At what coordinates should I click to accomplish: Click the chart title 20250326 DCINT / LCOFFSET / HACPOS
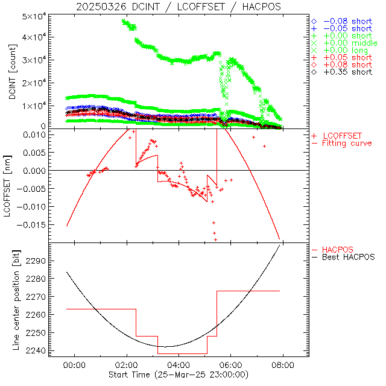pyautogui.click(x=179, y=7)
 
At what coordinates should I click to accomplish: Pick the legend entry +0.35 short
pyautogui.click(x=347, y=72)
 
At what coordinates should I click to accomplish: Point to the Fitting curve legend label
pyautogui.click(x=347, y=144)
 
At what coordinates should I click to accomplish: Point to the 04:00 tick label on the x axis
pyautogui.click(x=179, y=365)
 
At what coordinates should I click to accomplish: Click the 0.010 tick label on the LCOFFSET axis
pyautogui.click(x=34, y=134)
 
